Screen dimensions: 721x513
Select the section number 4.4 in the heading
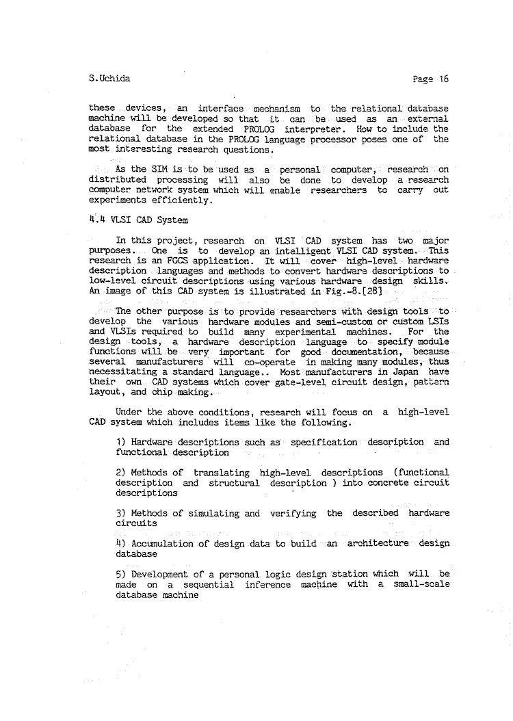point(98,220)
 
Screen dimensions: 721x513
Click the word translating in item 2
point(222,473)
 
